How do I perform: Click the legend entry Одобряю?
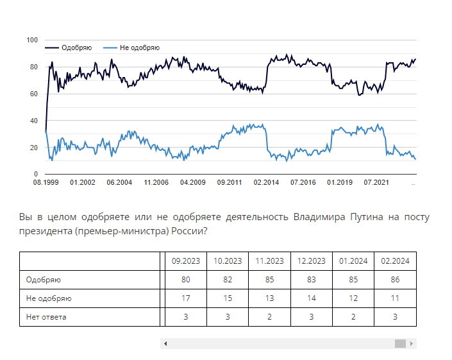point(76,48)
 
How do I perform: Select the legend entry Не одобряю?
point(139,48)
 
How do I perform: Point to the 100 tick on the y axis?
point(31,40)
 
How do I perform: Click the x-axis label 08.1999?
point(46,183)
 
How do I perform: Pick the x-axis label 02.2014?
point(266,183)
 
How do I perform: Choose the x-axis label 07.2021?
point(377,183)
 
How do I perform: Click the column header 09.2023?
point(185,261)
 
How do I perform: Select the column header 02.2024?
point(395,261)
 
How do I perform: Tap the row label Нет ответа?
point(46,316)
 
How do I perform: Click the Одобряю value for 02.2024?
point(395,280)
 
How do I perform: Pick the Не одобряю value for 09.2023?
point(185,298)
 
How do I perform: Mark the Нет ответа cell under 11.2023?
point(269,316)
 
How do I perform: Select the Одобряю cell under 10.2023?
point(227,280)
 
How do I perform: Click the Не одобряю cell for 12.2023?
point(311,298)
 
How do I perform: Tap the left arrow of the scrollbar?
point(165,344)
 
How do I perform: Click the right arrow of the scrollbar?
point(412,344)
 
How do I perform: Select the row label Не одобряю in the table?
point(49,298)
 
